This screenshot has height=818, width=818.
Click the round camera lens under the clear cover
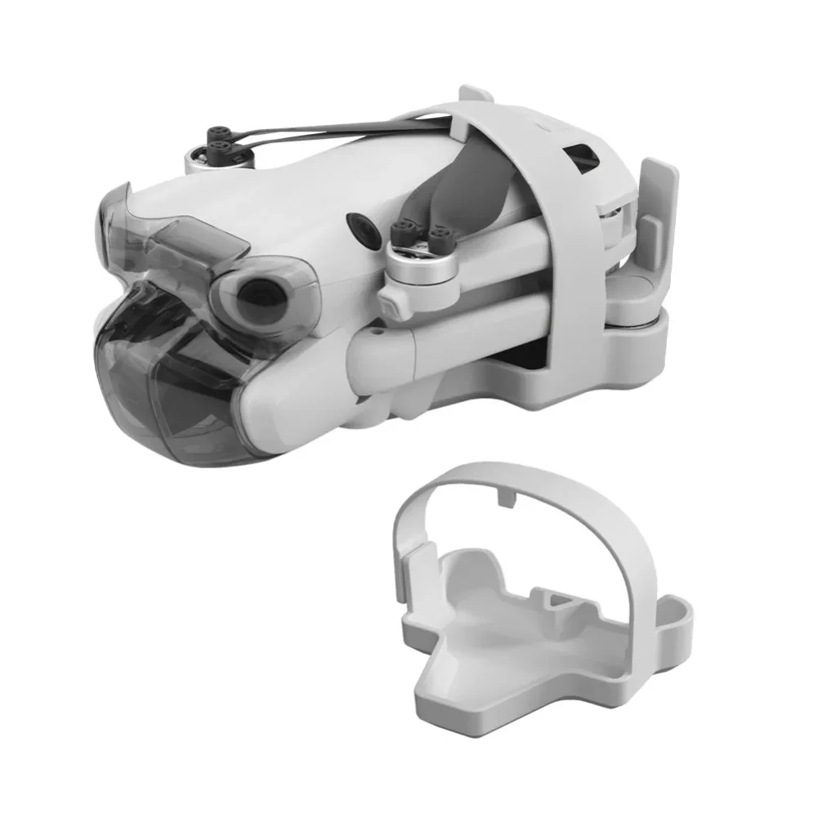pyautogui.click(x=260, y=295)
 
